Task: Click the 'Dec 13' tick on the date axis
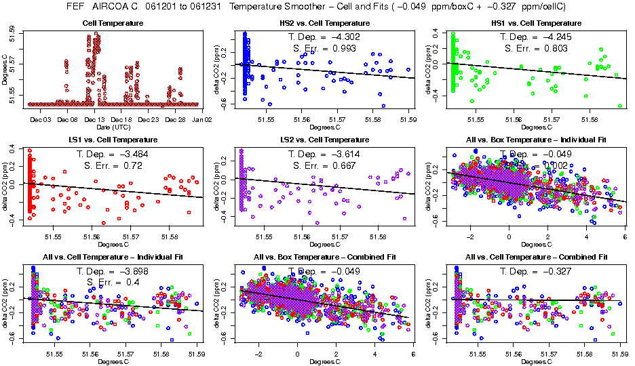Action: (x=94, y=119)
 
